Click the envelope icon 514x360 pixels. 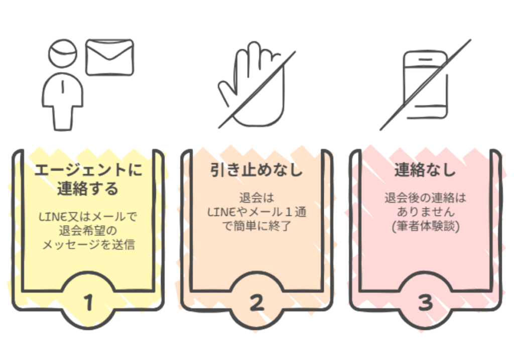coord(109,57)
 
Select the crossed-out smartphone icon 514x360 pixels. coord(426,85)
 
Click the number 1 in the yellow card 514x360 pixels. coord(88,302)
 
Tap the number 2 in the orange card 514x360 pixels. coord(256,302)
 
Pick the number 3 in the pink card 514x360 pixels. coord(426,302)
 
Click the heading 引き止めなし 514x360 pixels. coord(256,170)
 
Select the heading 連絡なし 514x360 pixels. coord(425,170)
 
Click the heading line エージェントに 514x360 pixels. coord(88,170)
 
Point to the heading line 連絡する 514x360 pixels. coord(88,188)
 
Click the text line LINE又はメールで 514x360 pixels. coord(88,217)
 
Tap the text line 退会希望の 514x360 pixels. coord(88,231)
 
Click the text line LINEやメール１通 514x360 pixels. coord(257,212)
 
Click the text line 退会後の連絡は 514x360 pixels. coord(426,198)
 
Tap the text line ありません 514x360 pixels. coord(426,212)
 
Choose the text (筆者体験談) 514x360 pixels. coord(426,226)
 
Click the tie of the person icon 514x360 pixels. coord(63,87)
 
